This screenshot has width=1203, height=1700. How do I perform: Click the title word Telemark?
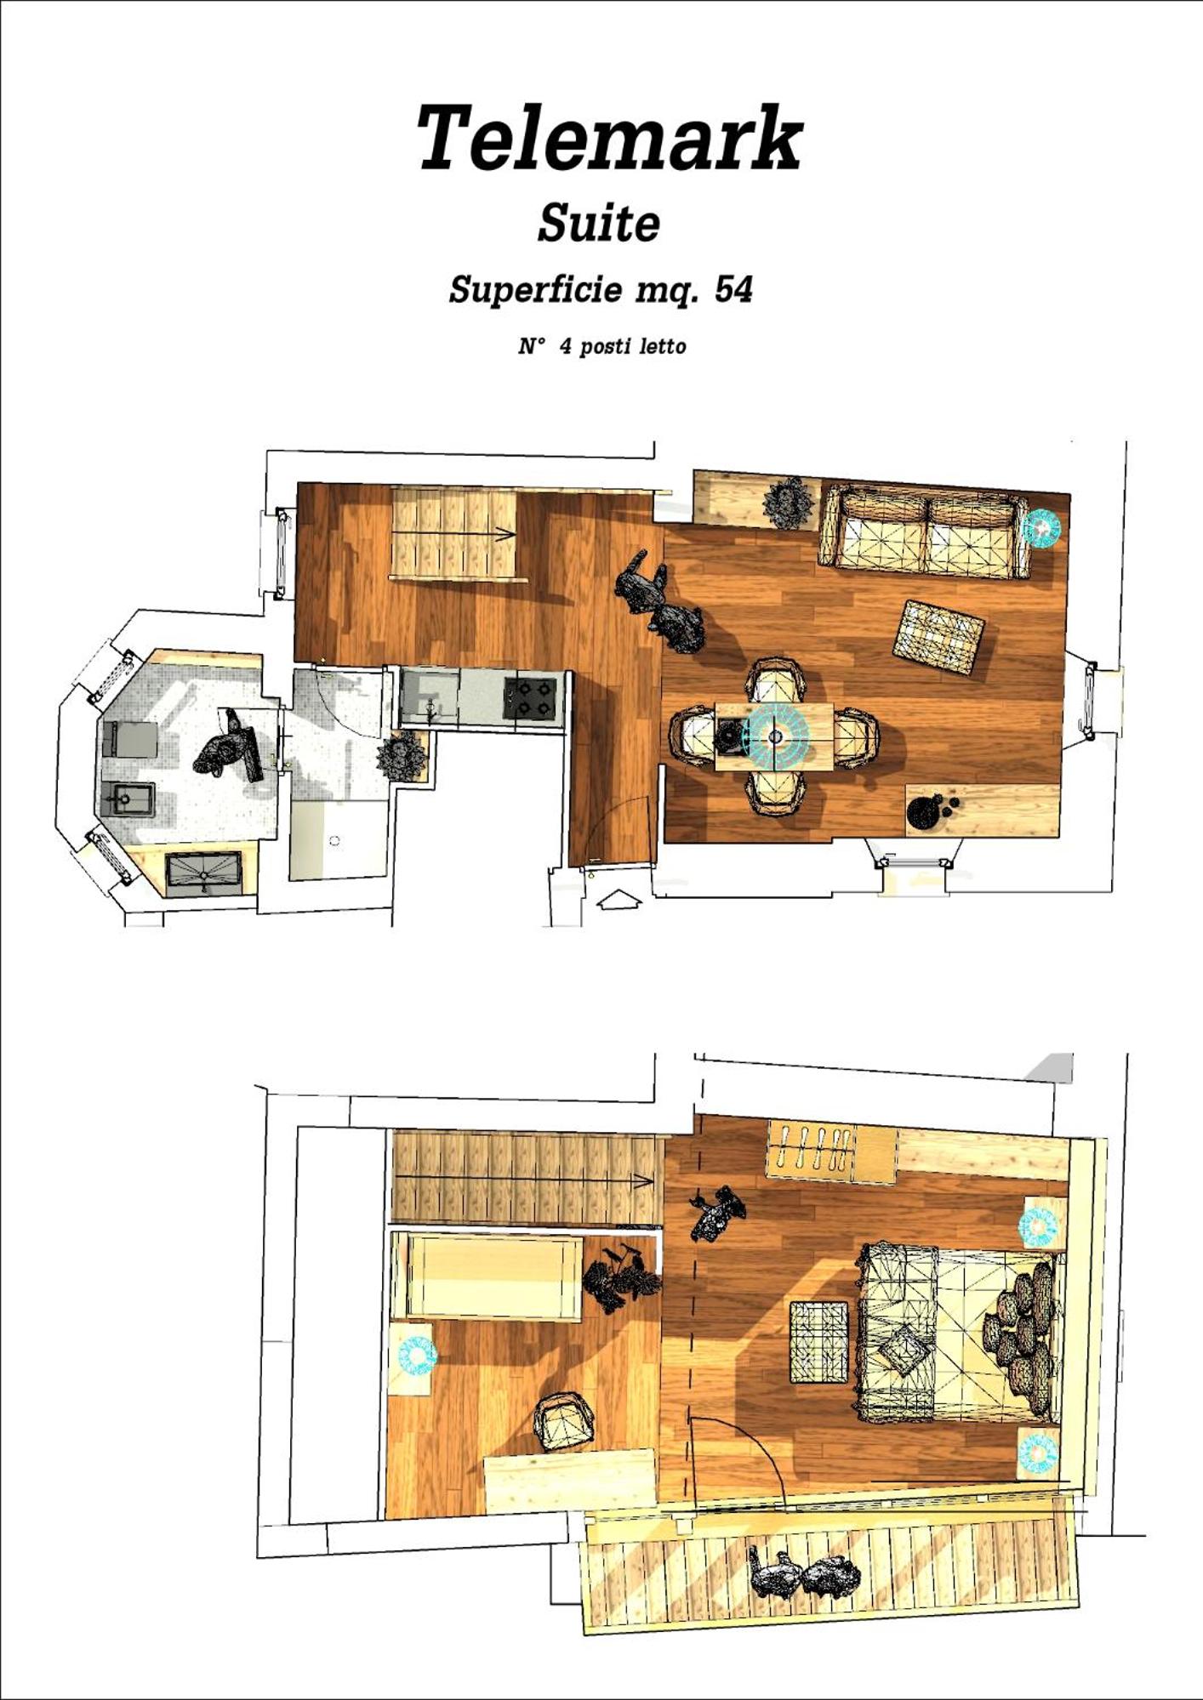609,138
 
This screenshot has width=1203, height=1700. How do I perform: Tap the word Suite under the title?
599,223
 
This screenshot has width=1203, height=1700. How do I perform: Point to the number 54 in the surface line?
733,289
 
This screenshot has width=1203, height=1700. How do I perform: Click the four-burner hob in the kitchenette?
531,696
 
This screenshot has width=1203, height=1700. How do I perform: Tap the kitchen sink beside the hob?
430,696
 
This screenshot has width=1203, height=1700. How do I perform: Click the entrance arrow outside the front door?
619,899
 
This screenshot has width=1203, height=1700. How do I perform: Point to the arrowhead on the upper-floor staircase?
646,1181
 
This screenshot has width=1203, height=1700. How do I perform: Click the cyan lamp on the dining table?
775,735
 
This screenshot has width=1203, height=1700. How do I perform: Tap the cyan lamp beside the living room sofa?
1041,527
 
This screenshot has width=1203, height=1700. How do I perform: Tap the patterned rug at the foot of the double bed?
820,1341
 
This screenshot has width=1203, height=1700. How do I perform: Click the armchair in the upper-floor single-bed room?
563,1422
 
